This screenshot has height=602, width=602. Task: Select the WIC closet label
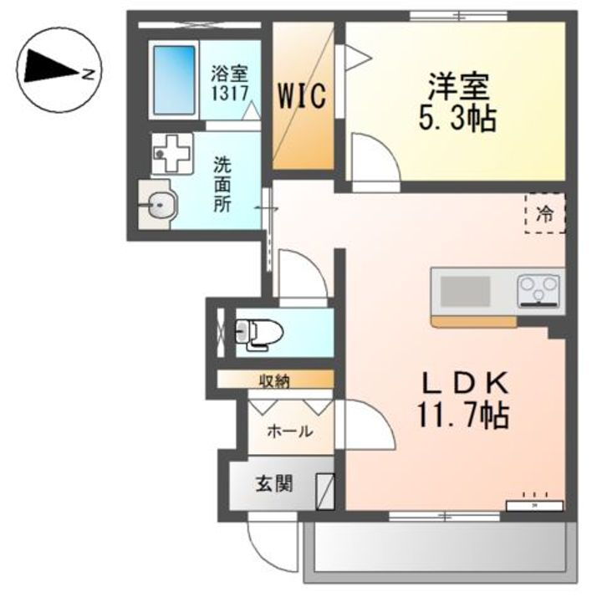(302, 95)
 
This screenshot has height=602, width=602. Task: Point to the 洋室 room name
(457, 86)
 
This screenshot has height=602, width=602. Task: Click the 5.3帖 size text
(457, 118)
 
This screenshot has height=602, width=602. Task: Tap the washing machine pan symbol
(172, 153)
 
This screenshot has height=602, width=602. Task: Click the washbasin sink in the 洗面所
(158, 203)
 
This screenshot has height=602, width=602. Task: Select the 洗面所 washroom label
(222, 184)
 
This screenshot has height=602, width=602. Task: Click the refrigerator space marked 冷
(544, 213)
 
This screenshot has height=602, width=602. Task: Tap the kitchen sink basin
(466, 293)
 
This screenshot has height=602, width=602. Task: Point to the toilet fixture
(258, 333)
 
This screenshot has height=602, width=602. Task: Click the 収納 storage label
(273, 381)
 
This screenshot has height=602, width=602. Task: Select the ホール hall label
(289, 431)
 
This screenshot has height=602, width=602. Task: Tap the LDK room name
(465, 383)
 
